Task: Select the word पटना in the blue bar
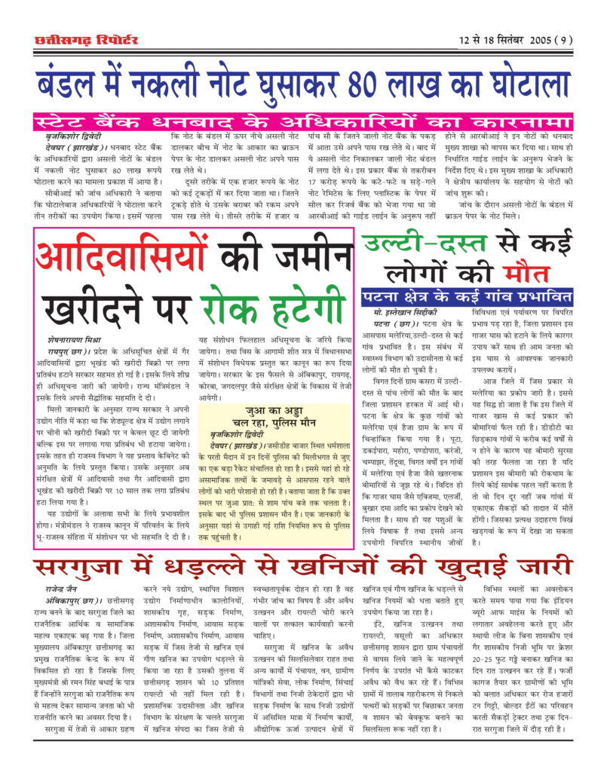tap(386, 294)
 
